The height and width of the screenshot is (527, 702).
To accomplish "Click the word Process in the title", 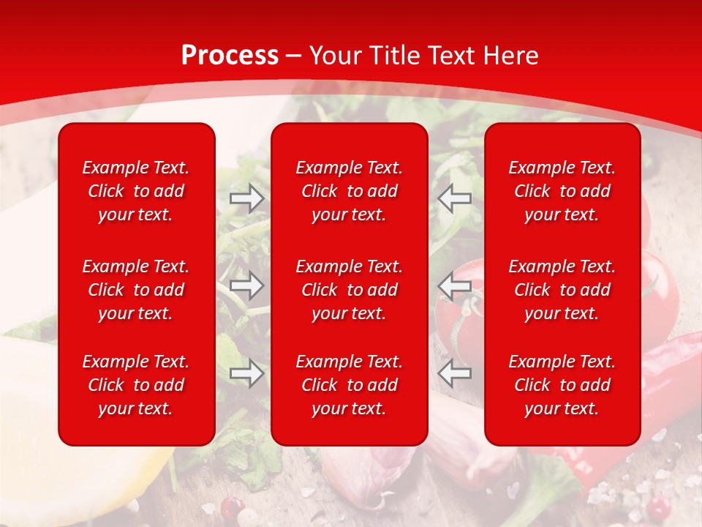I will pyautogui.click(x=230, y=56).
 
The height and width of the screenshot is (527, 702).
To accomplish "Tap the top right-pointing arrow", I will pyautogui.click(x=247, y=198).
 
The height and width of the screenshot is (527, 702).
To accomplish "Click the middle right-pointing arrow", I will pyautogui.click(x=247, y=285).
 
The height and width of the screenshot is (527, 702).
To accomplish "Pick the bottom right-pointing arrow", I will pyautogui.click(x=247, y=374).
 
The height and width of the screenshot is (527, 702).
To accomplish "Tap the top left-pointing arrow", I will pyautogui.click(x=454, y=198).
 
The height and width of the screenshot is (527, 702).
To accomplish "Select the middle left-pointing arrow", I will pyautogui.click(x=454, y=285).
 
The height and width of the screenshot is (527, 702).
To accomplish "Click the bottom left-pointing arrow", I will pyautogui.click(x=454, y=374).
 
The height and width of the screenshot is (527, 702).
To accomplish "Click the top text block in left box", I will pyautogui.click(x=136, y=191).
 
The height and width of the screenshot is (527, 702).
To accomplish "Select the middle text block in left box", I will pyautogui.click(x=136, y=290).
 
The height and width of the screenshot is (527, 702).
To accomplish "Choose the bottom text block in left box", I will pyautogui.click(x=136, y=385).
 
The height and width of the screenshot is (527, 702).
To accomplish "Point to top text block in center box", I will pyautogui.click(x=349, y=191).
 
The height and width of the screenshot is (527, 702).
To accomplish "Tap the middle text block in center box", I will pyautogui.click(x=349, y=290).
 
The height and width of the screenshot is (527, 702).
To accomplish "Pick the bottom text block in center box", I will pyautogui.click(x=349, y=385).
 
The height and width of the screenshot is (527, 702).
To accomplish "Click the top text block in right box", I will pyautogui.click(x=562, y=191).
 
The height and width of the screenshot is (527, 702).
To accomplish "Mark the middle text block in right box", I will pyautogui.click(x=562, y=290).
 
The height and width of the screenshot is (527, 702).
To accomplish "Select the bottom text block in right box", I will pyautogui.click(x=562, y=385).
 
